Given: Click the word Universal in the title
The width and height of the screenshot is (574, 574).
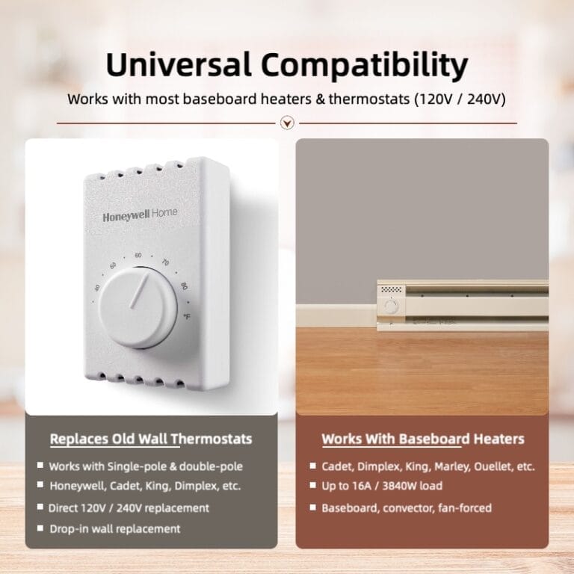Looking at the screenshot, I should [x=178, y=66].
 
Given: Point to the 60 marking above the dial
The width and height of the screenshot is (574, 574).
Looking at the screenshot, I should [x=138, y=256].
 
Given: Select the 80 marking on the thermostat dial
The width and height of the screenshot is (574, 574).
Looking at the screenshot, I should [x=183, y=286].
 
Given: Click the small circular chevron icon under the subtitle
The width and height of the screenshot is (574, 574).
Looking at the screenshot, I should [x=286, y=123].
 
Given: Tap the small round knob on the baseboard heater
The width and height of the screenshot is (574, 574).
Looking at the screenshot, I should [x=390, y=305].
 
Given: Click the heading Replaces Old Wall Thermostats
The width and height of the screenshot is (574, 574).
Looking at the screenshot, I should [x=151, y=439].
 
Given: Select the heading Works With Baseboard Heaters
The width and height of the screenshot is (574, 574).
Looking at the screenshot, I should [x=423, y=439].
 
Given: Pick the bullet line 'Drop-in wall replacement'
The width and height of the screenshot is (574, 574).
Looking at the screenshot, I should [x=114, y=528].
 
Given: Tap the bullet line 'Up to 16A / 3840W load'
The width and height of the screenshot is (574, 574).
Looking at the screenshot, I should [x=381, y=486].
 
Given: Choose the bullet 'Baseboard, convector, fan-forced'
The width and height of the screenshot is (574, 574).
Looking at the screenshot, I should [x=406, y=507].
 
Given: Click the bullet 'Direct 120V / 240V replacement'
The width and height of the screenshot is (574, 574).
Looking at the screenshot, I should [x=129, y=507].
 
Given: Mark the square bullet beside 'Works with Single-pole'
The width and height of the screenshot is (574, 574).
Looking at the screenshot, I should [x=39, y=466].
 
